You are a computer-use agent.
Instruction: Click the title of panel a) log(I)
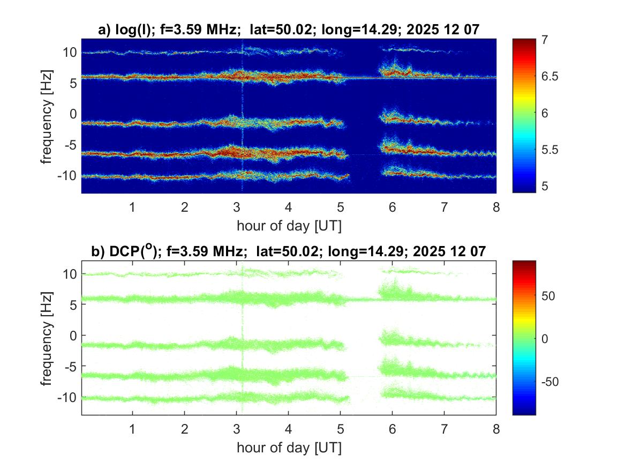pos(289,31)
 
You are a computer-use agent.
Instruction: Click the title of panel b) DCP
pos(289,251)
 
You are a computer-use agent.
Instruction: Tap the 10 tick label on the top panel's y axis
pos(69,53)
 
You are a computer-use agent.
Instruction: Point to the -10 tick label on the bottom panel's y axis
pos(67,397)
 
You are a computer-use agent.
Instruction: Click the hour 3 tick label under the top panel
pos(237,207)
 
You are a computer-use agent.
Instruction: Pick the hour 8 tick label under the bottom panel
pos(496,429)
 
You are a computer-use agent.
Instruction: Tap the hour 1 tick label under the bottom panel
pos(132,429)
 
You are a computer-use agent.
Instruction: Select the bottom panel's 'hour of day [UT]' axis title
pos(289,448)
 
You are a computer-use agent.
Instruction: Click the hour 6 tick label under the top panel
pos(393,207)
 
